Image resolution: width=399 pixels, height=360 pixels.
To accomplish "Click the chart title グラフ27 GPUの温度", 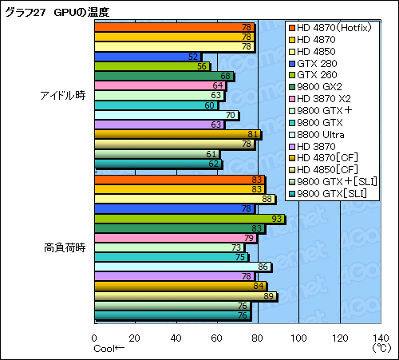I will (x=57, y=12).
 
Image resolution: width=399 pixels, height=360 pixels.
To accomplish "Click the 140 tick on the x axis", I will (x=379, y=338).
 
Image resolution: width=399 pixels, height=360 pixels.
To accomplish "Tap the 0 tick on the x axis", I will (x=95, y=338).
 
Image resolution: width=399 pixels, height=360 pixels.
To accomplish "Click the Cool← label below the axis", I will (x=109, y=349).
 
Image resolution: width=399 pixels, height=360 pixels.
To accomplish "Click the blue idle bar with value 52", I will (x=148, y=57).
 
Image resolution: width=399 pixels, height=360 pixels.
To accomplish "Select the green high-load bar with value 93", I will (x=189, y=218).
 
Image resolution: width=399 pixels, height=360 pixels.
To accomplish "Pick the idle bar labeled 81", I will (x=177, y=134).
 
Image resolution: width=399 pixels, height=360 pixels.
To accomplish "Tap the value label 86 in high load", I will (x=263, y=267).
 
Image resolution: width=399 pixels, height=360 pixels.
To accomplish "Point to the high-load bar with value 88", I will (x=184, y=199).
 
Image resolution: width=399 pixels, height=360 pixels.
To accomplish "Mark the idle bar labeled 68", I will (x=164, y=76).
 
